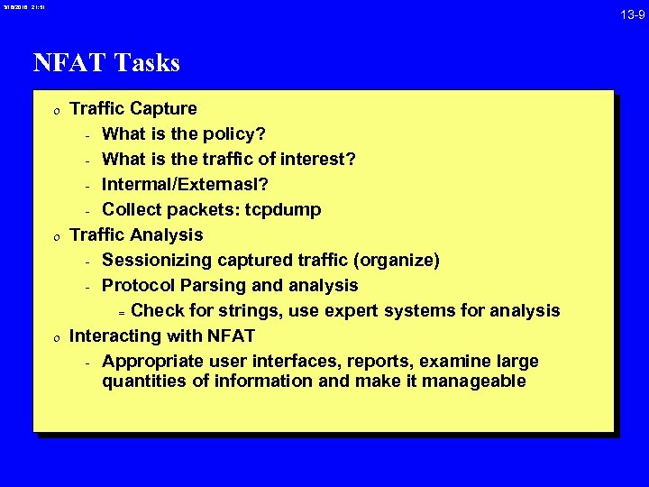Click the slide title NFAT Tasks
[106, 62]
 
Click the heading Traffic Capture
[133, 108]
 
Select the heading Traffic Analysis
[136, 234]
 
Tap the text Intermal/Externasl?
[185, 184]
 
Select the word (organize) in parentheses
[397, 260]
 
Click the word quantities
[142, 381]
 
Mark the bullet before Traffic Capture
[56, 110]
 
